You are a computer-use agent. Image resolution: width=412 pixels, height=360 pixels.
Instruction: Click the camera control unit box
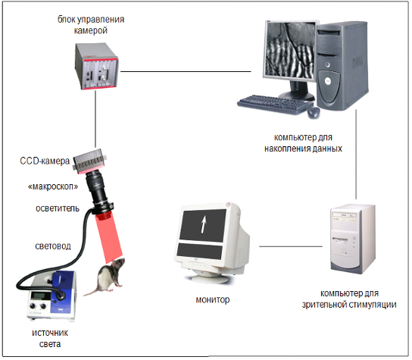(x=96, y=67)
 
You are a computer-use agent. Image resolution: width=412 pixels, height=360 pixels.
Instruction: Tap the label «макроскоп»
(x=53, y=186)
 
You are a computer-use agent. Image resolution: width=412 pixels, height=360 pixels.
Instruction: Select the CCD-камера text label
(x=45, y=161)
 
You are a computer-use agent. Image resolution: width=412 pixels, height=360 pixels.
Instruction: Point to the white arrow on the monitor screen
(x=203, y=224)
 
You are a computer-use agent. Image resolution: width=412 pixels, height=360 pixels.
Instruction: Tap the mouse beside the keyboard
(x=314, y=113)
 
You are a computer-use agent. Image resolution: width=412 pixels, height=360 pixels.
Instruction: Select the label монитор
(x=213, y=299)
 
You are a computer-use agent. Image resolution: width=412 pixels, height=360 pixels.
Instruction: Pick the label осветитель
(x=58, y=208)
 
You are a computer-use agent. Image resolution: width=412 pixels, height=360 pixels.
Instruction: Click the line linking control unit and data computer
(x=186, y=71)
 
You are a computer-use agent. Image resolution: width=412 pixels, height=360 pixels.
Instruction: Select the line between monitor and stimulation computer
(x=291, y=246)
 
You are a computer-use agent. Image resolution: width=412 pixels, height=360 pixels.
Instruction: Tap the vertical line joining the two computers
(x=356, y=155)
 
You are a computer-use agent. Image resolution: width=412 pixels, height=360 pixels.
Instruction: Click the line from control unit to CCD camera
(x=95, y=119)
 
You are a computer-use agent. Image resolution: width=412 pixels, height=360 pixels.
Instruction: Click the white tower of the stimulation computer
(x=353, y=239)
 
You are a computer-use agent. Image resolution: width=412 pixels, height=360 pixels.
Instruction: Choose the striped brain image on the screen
(x=289, y=50)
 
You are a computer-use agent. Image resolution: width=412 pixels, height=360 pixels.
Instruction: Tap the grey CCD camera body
(x=89, y=161)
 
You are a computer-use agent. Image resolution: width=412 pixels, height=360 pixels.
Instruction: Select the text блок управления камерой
(x=91, y=25)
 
